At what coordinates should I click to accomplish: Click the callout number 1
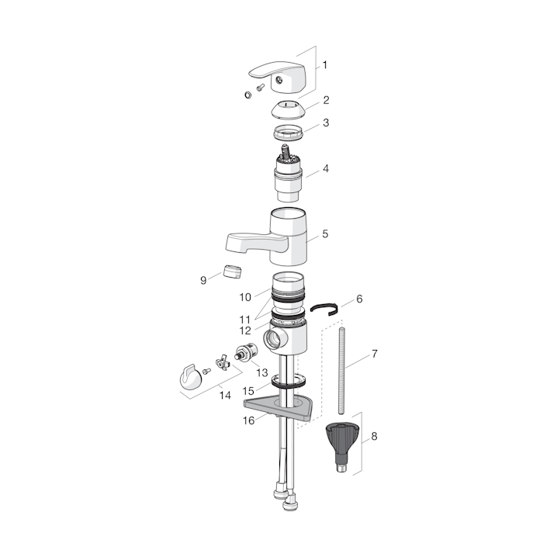pos(324,65)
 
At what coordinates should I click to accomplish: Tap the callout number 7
pos(375,354)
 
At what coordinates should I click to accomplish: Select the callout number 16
pos(249,420)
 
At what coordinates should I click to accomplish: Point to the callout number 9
pos(203,280)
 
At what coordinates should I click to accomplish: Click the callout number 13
pos(261,372)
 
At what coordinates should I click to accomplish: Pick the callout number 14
pos(225,395)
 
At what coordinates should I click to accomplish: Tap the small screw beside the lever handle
pos(261,87)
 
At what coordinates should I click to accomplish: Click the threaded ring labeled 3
pos(289,132)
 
